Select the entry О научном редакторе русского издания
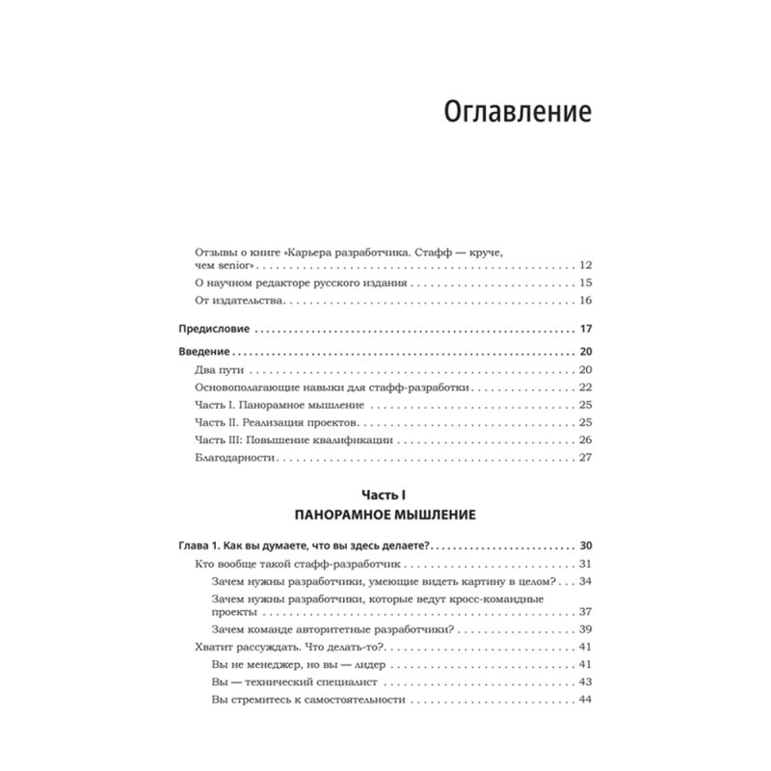click(299, 283)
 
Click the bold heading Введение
click(207, 353)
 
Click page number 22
click(584, 387)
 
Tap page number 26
click(584, 440)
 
